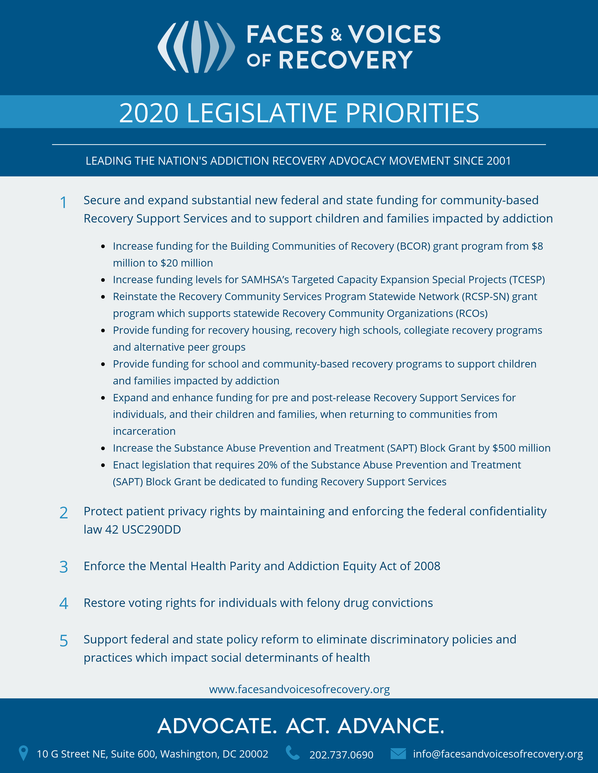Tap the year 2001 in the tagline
click(x=499, y=161)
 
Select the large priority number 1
click(x=63, y=203)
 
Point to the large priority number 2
click(x=64, y=513)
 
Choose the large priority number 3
click(x=64, y=567)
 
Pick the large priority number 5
click(x=64, y=641)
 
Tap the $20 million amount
click(x=187, y=263)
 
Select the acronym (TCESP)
click(x=527, y=280)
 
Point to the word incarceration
click(x=144, y=431)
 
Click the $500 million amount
click(x=521, y=448)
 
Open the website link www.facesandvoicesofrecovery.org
click(x=299, y=689)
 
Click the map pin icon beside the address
click(x=23, y=753)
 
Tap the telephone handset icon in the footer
click(x=293, y=753)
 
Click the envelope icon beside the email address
click(x=398, y=754)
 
